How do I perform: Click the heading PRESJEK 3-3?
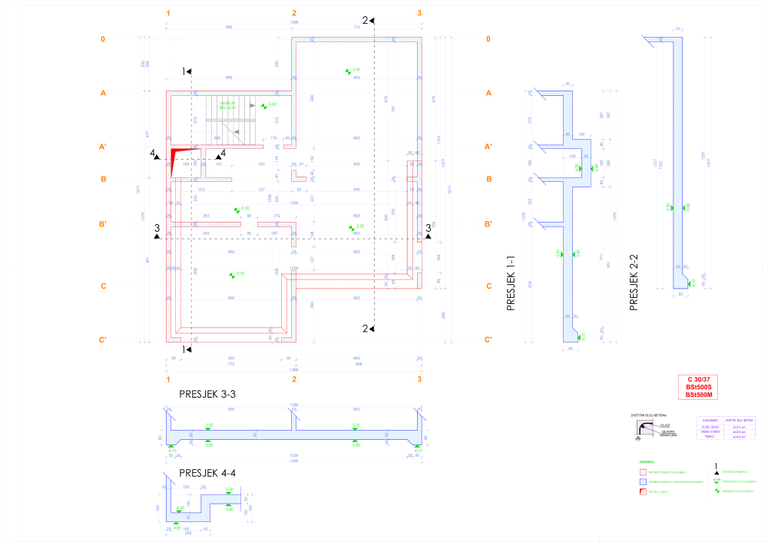pos(207,394)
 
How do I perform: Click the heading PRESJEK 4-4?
pos(207,471)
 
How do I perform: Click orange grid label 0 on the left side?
pos(102,39)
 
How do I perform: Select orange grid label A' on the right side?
pos(488,146)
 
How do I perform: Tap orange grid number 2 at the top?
pos(293,14)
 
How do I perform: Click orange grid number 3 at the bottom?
pos(419,380)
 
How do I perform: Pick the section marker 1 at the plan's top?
pos(186,71)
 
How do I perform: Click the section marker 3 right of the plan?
pos(429,228)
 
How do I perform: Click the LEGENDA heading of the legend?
pos(637,462)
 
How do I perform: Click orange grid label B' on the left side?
pos(102,224)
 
